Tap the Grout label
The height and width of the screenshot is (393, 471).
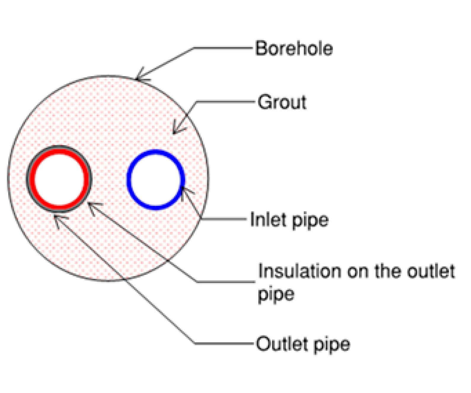point(282,102)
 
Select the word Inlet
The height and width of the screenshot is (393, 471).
point(268,219)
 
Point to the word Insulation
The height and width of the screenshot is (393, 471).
point(299,271)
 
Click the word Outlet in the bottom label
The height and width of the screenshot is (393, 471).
point(282,344)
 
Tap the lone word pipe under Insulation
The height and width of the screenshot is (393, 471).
point(276,295)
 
